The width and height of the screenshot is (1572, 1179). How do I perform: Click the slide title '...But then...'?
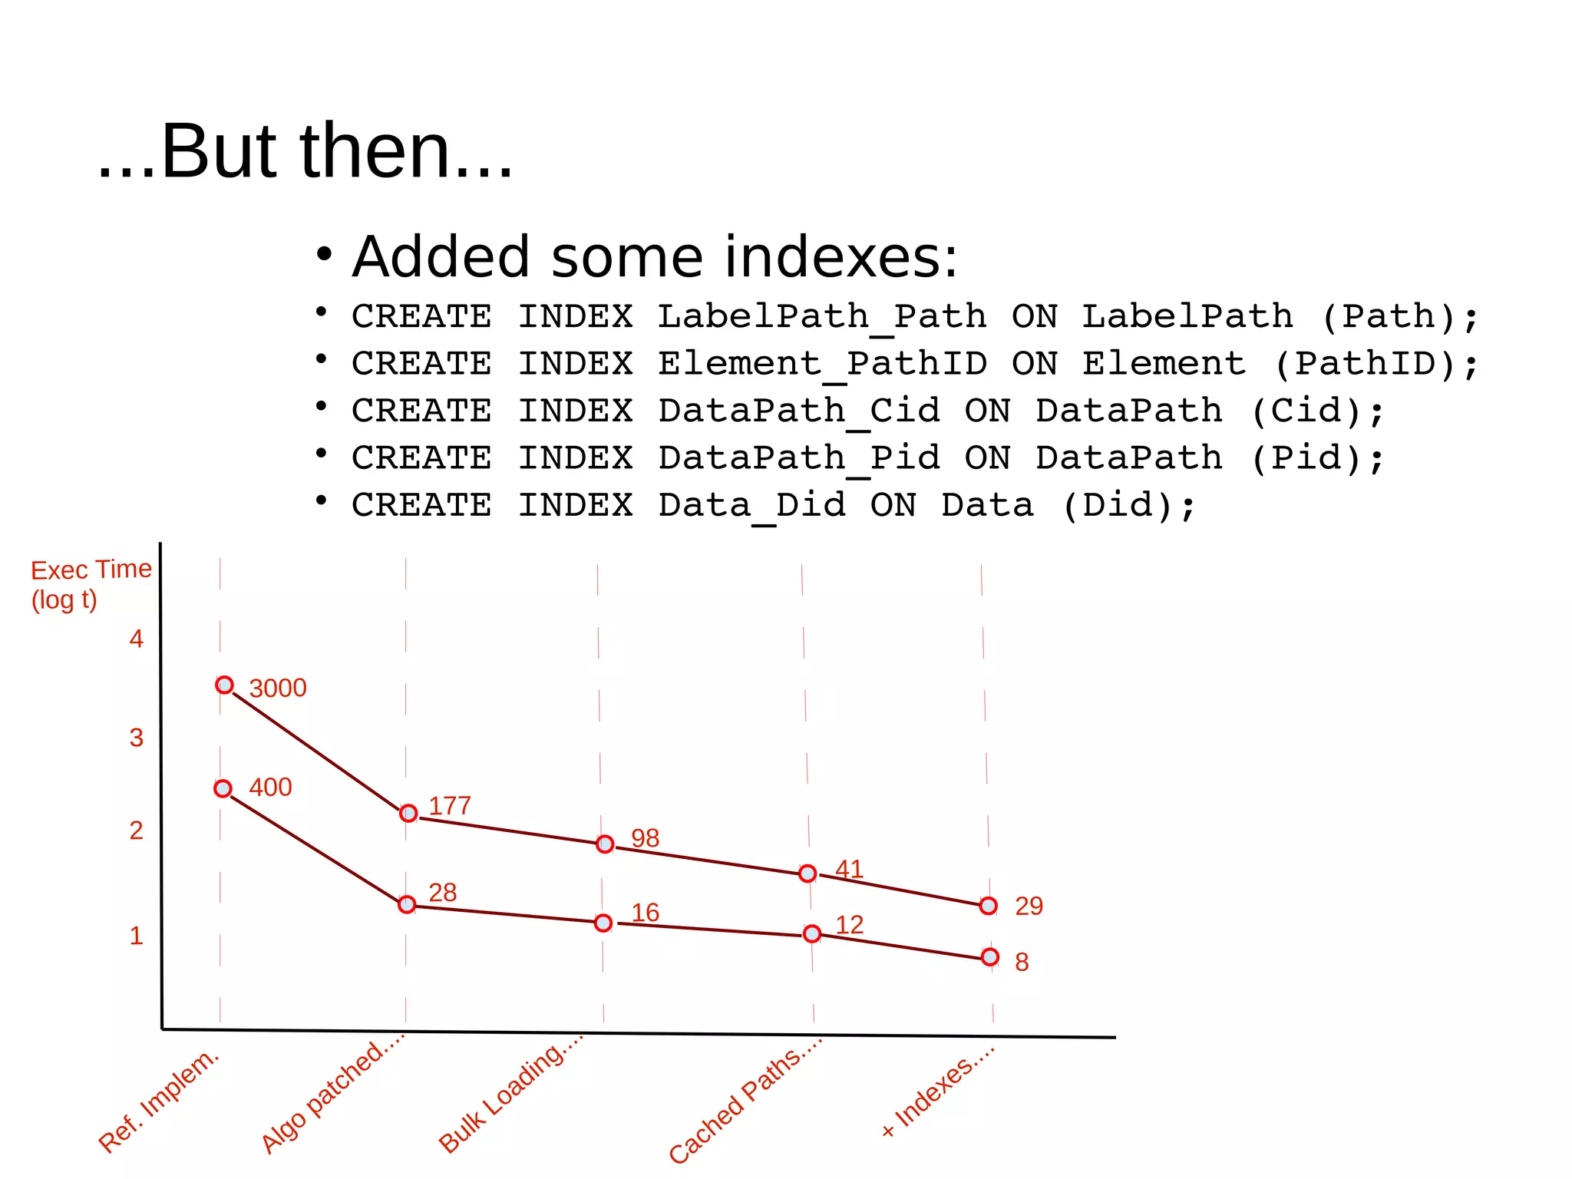(305, 151)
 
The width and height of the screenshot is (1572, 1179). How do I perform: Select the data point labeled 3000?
(224, 685)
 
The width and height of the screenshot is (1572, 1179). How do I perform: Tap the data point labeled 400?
(223, 788)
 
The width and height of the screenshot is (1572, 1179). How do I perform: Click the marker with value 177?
(408, 813)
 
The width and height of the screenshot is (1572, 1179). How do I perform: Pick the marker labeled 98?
(605, 844)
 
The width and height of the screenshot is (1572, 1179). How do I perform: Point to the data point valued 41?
(807, 874)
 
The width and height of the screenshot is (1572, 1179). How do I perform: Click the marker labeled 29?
(989, 907)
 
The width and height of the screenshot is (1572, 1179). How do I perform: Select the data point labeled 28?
(407, 905)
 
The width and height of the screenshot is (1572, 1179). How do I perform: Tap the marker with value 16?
(603, 923)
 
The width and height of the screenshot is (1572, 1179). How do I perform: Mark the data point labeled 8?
(990, 957)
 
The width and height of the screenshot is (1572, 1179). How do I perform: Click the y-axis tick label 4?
(136, 639)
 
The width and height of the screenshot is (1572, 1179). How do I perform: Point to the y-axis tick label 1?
(136, 936)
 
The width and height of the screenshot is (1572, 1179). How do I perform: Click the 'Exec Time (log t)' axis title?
(90, 584)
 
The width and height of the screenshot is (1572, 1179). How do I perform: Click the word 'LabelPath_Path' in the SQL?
(822, 317)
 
